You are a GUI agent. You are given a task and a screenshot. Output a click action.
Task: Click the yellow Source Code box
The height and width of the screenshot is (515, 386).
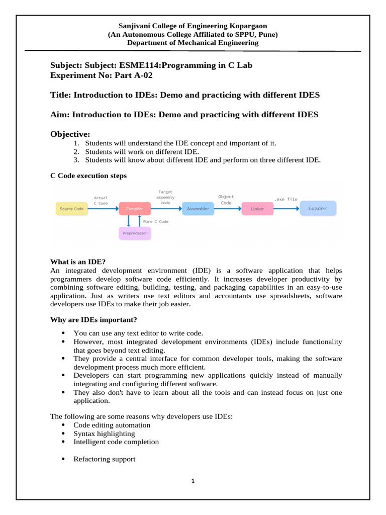point(71,209)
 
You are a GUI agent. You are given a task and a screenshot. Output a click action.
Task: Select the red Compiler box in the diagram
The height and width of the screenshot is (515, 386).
point(135,209)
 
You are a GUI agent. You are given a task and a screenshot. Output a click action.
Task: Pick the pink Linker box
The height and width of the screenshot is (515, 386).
point(257,209)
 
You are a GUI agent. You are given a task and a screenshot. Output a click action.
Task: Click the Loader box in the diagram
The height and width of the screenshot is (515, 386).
point(317,208)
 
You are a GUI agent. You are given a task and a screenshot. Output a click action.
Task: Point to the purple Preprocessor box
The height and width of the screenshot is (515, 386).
point(135,233)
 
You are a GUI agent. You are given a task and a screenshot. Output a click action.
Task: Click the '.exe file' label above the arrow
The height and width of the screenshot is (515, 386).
point(285,199)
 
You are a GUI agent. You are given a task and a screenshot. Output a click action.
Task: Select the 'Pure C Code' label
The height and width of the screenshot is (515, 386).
point(156,221)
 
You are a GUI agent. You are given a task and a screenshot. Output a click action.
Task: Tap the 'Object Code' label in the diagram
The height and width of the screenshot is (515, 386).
point(226,200)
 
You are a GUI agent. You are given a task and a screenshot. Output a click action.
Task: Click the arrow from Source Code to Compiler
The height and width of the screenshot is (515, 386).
point(103,209)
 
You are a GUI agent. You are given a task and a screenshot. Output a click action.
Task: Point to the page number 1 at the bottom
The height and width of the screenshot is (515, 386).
point(192,481)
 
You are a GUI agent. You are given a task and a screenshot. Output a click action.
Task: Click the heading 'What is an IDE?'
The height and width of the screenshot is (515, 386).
point(77,262)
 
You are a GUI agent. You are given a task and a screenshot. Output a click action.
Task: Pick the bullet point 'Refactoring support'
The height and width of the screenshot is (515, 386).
point(104,459)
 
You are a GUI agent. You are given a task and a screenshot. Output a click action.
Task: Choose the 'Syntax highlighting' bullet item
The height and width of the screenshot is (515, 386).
point(104,433)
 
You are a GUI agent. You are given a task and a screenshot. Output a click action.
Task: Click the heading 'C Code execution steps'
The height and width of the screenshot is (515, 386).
point(88,176)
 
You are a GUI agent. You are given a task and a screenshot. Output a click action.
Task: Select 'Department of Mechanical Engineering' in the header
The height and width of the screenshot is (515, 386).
point(192,43)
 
